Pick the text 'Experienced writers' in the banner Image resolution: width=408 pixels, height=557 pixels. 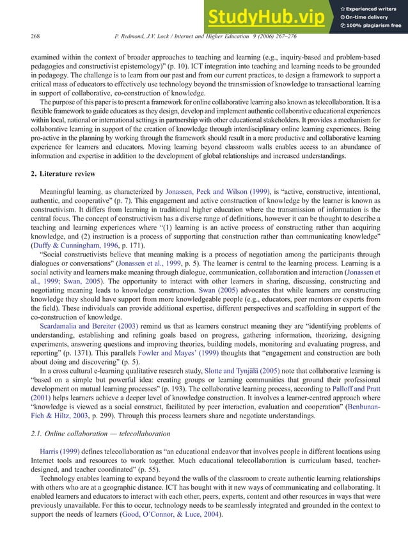[375, 8]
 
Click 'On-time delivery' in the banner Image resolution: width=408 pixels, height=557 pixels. [370, 17]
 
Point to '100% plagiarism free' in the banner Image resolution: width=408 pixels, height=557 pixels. [374, 26]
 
